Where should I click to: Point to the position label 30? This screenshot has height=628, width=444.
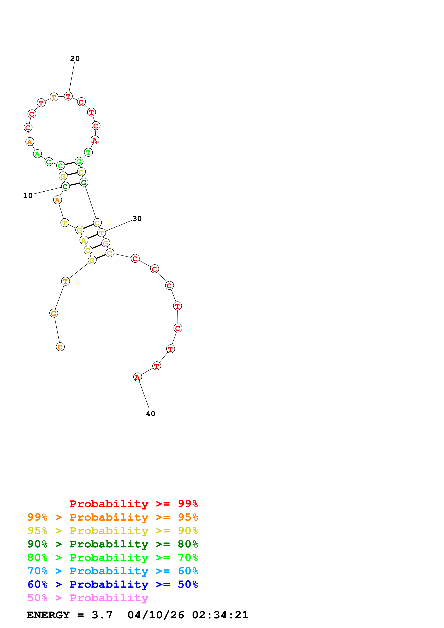[x=137, y=219]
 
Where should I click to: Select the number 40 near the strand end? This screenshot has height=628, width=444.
[x=150, y=414]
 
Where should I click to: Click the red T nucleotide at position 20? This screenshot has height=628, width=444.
[x=68, y=96]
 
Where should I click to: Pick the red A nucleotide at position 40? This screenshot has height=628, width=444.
[x=137, y=377]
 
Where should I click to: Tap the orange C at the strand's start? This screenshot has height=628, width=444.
[x=60, y=347]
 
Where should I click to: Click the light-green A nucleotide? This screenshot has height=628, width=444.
[x=37, y=154]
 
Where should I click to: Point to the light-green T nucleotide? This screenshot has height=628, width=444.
[x=88, y=152]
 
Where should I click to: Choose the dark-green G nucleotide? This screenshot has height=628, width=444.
[x=84, y=182]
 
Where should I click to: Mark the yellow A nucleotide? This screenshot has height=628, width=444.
[x=84, y=240]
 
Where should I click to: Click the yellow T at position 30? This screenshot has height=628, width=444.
[x=102, y=233]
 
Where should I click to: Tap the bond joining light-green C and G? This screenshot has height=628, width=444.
[x=70, y=164]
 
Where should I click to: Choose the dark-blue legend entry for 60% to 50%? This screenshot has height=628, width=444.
[x=112, y=584]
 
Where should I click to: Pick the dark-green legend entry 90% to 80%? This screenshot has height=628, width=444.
[x=112, y=544]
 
